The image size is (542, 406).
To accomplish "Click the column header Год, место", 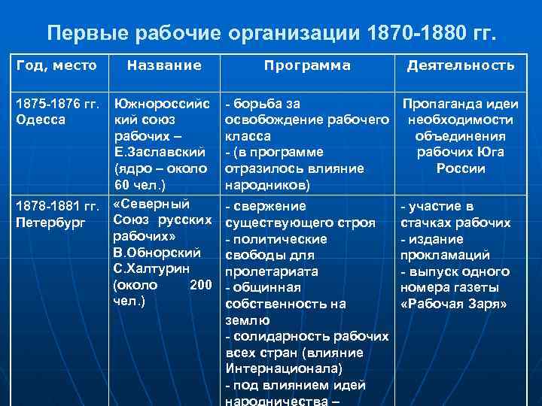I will tap(56, 65).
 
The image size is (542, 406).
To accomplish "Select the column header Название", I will tap(164, 65).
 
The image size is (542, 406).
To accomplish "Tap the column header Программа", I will tap(306, 65).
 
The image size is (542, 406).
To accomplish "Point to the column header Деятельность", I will tap(461, 65).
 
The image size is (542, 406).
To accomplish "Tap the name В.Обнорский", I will tap(156, 253).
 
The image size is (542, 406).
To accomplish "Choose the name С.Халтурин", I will tap(151, 269).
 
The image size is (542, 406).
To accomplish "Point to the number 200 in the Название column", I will tap(200, 286).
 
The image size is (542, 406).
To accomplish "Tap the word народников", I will tap(266, 185).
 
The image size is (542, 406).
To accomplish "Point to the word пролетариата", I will tap(270, 271).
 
